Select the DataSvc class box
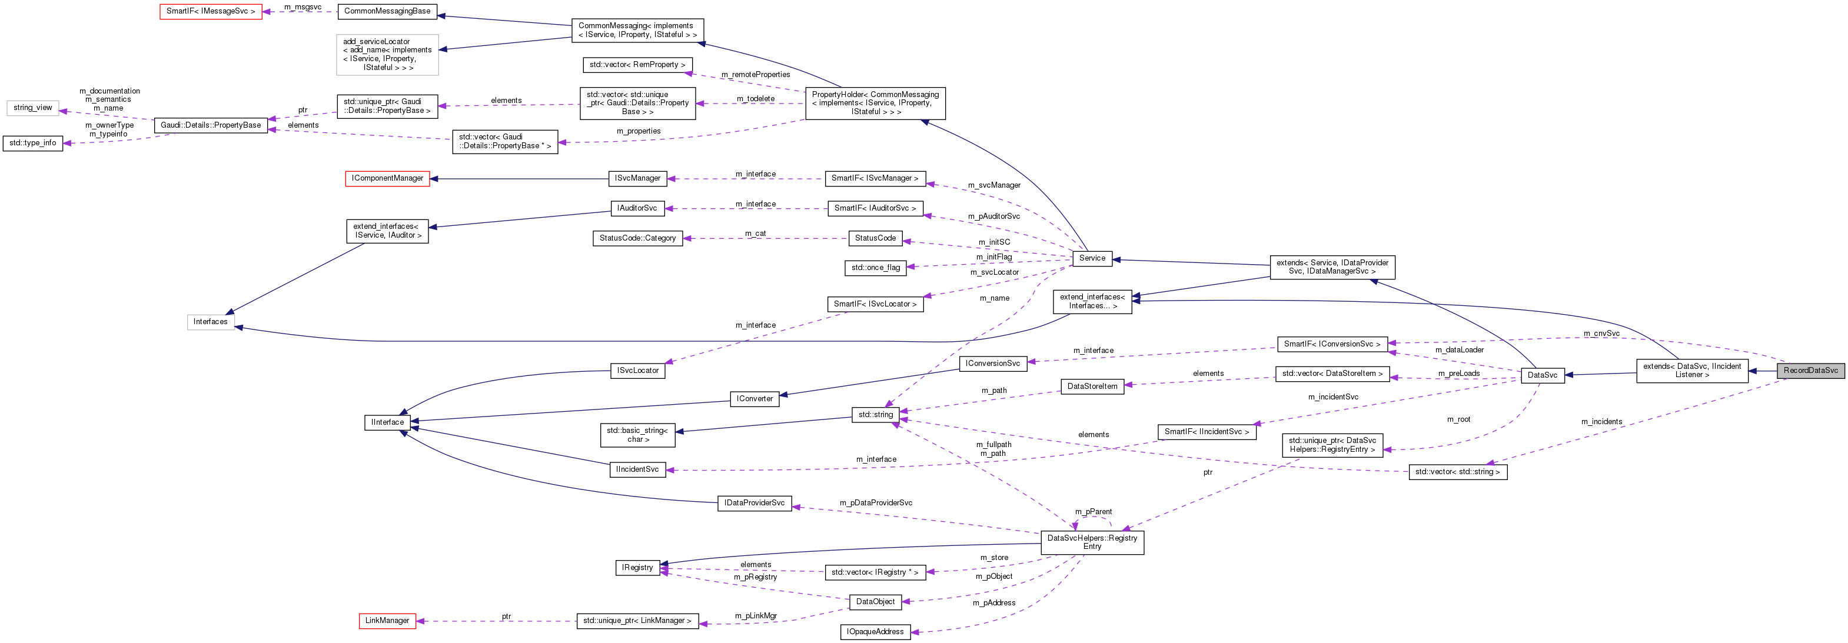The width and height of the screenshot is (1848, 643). pyautogui.click(x=1542, y=375)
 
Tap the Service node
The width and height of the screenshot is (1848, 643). pyautogui.click(x=1091, y=258)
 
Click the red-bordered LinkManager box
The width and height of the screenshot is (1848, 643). pyautogui.click(x=387, y=621)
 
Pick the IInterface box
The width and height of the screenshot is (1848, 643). pyautogui.click(x=387, y=422)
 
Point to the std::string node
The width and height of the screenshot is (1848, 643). pyautogui.click(x=875, y=414)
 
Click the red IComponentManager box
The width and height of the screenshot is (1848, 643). pyautogui.click(x=387, y=178)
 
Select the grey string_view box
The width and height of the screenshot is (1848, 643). pyautogui.click(x=32, y=108)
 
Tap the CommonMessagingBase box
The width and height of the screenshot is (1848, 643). pyautogui.click(x=387, y=11)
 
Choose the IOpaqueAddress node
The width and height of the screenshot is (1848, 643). pyautogui.click(x=875, y=632)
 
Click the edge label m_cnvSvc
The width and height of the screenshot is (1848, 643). pyautogui.click(x=1601, y=334)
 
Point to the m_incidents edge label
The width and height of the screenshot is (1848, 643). pyautogui.click(x=1601, y=421)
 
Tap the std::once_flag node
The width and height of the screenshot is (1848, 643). pyautogui.click(x=875, y=268)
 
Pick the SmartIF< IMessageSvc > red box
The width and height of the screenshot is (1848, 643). pyautogui.click(x=210, y=11)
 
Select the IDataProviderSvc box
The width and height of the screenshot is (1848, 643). pyautogui.click(x=754, y=503)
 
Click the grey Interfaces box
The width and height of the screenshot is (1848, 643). pyautogui.click(x=210, y=322)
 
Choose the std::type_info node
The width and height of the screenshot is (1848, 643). pyautogui.click(x=32, y=142)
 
